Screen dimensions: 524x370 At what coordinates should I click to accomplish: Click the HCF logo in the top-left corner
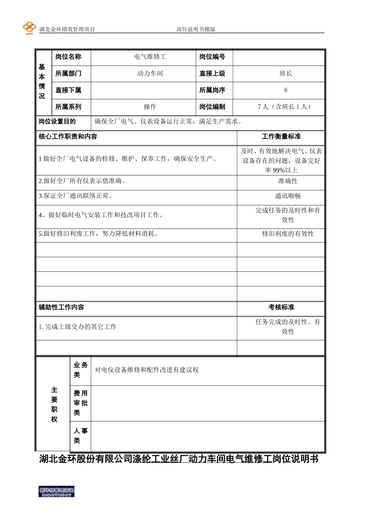pyautogui.click(x=29, y=28)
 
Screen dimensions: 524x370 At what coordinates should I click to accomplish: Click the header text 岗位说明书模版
pyautogui.click(x=196, y=29)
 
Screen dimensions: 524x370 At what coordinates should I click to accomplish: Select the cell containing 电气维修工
pyautogui.click(x=150, y=57)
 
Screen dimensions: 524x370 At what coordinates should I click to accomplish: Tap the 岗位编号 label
pyautogui.click(x=212, y=57)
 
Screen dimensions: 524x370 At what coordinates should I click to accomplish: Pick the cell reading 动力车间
pyautogui.click(x=150, y=74)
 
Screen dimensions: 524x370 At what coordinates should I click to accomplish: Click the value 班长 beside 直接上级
pyautogui.click(x=285, y=74)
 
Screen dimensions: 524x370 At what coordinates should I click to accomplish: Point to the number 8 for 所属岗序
pyautogui.click(x=285, y=90)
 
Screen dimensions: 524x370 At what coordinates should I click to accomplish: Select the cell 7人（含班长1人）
pyautogui.click(x=285, y=107)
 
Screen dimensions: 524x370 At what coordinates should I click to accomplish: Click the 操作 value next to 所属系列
pyautogui.click(x=150, y=107)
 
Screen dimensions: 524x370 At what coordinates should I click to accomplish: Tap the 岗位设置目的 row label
pyautogui.click(x=57, y=122)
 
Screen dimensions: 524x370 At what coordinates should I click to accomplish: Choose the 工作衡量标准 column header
pyautogui.click(x=281, y=136)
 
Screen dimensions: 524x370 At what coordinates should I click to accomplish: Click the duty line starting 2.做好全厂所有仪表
pyautogui.click(x=82, y=181)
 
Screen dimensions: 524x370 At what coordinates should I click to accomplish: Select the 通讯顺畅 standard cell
pyautogui.click(x=287, y=196)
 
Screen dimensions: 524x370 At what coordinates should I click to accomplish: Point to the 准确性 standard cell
pyautogui.click(x=287, y=181)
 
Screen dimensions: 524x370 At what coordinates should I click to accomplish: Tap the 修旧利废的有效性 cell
pyautogui.click(x=287, y=234)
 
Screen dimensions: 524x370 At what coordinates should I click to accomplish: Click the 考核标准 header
pyautogui.click(x=281, y=307)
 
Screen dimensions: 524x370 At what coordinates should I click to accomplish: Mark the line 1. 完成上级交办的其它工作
pyautogui.click(x=78, y=327)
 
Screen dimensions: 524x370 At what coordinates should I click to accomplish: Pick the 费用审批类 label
pyautogui.click(x=80, y=403)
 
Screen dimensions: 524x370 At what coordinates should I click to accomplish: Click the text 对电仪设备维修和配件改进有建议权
pyautogui.click(x=146, y=370)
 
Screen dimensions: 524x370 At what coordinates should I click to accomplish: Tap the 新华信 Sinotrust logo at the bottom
pyautogui.click(x=56, y=492)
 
